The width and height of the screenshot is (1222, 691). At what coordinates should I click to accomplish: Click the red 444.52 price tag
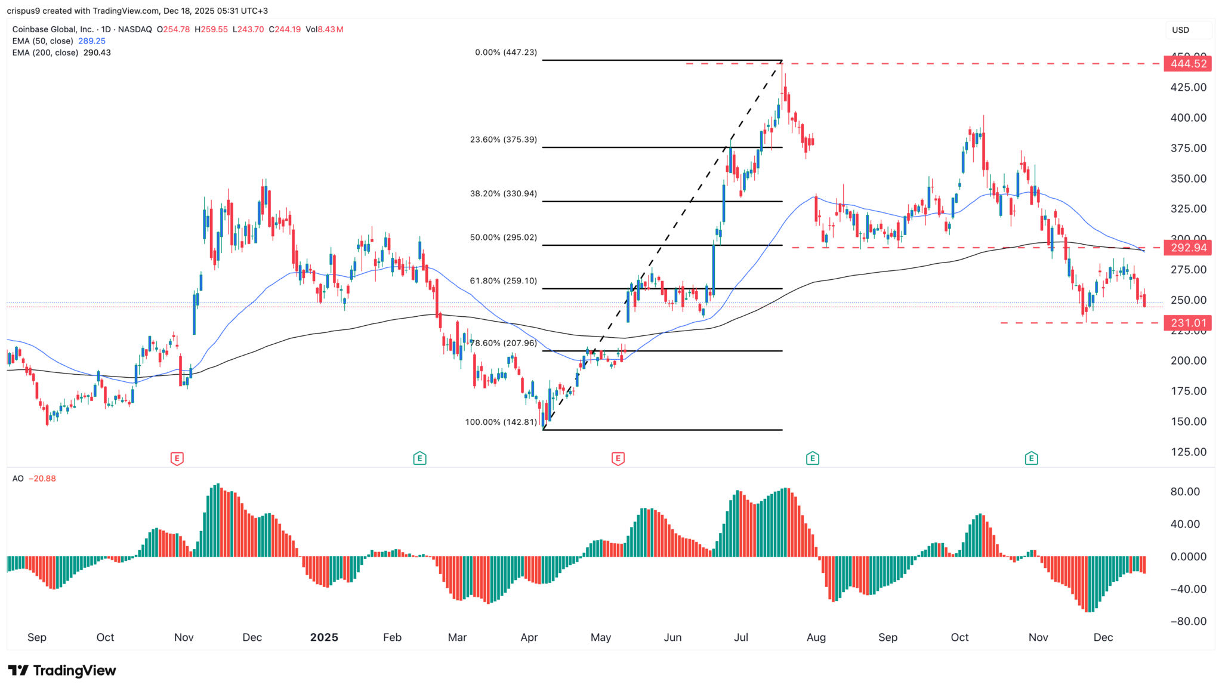tap(1187, 64)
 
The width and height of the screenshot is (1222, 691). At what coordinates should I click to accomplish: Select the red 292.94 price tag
tap(1187, 248)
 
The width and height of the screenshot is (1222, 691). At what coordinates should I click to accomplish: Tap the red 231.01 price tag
tap(1187, 323)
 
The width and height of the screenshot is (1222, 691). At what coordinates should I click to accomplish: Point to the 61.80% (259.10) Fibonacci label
tap(504, 281)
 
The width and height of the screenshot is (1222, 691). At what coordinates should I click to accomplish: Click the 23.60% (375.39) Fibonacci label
tap(504, 140)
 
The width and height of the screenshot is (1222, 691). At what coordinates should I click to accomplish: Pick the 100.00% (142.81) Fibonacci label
tap(501, 422)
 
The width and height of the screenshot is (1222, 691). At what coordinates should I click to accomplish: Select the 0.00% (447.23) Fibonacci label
tap(506, 53)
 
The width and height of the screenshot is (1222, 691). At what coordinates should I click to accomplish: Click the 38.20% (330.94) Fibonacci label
tap(504, 194)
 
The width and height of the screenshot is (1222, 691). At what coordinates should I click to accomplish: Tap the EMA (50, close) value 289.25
tap(92, 41)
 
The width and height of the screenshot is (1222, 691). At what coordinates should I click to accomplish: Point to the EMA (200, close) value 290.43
tap(97, 53)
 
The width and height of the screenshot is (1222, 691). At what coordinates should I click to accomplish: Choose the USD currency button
tap(1180, 30)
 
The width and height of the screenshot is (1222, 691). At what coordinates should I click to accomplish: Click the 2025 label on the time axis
tap(324, 637)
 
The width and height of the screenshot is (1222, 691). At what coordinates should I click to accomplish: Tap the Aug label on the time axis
tap(816, 637)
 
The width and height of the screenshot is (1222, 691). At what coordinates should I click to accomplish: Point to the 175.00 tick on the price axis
tap(1188, 391)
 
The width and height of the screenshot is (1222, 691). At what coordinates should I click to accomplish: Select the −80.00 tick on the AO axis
tap(1187, 622)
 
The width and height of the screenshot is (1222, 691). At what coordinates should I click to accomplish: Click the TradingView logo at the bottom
tap(62, 671)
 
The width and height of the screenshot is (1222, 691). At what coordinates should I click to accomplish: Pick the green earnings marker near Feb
tap(420, 458)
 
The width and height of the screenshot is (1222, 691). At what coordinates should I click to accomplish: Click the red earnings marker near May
tap(618, 458)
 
